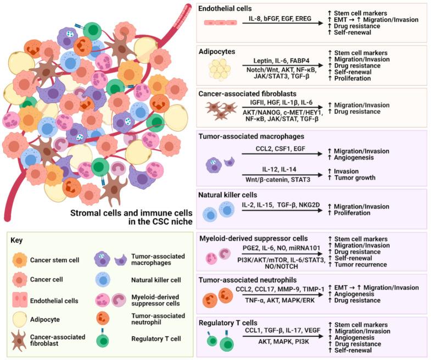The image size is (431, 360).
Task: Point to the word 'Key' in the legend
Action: pos(17,241)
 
